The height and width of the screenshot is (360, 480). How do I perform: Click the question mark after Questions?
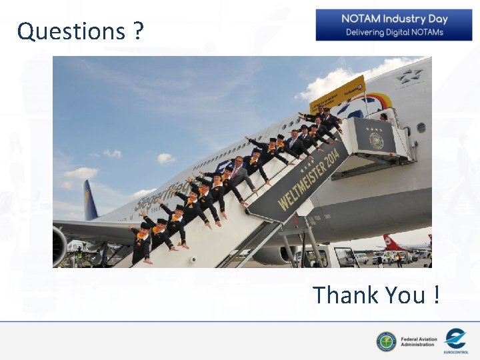pos(138,31)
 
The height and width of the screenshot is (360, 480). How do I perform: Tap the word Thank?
pos(350,295)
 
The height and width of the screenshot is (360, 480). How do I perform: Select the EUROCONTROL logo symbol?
pos(455,338)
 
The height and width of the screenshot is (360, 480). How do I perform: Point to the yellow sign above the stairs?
pos(337,94)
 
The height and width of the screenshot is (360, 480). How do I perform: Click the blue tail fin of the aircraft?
pos(90,199)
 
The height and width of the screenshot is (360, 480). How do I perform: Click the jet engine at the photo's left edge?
pos(60,245)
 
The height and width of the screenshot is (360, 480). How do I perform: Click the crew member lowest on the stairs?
pos(141,243)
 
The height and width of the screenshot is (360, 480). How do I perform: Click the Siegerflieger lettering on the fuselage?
pos(153,196)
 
